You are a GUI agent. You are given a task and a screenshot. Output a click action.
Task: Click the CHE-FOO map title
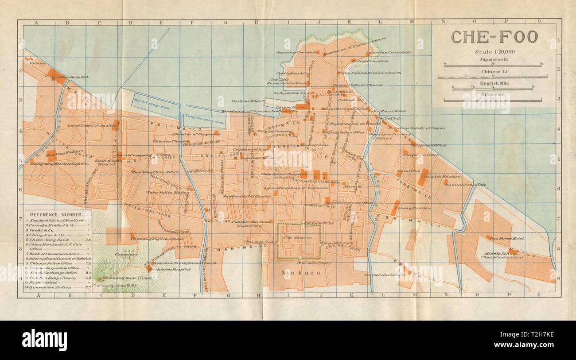point(494,37)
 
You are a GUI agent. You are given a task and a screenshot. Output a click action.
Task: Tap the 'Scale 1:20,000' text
point(494,52)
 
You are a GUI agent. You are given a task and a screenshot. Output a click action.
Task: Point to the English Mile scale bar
point(494,89)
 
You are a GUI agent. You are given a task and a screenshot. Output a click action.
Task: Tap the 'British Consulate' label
point(370,61)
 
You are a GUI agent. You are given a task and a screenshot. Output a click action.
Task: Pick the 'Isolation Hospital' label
point(71,77)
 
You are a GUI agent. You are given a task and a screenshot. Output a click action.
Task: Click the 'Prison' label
point(38,63)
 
